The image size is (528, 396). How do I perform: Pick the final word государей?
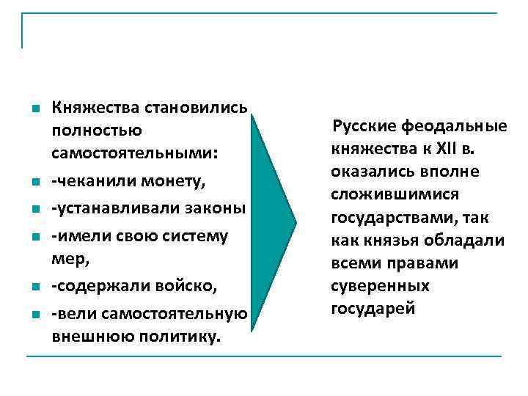(373, 308)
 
